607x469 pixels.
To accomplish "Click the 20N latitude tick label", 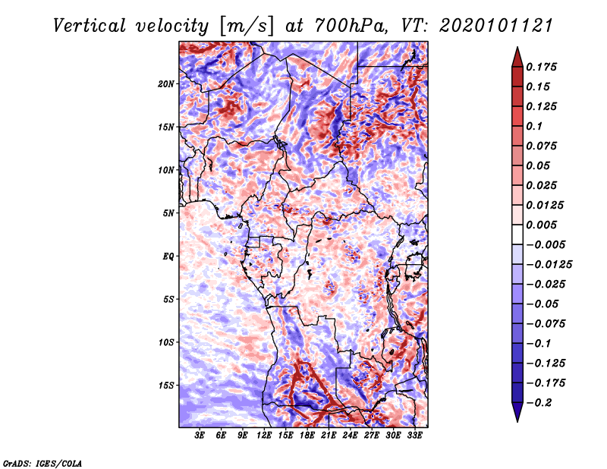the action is coord(165,84).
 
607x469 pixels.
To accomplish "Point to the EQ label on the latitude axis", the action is coord(168,257).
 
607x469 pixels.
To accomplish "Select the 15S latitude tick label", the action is coord(165,386).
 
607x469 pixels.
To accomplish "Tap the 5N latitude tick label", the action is coord(168,213).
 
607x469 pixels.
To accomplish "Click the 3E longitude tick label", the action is coord(200,436).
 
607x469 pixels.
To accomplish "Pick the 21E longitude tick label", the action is coord(329,436).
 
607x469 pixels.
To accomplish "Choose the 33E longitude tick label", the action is coord(414,436).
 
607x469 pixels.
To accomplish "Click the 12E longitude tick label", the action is coord(264,436).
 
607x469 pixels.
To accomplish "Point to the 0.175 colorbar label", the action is coord(541,67).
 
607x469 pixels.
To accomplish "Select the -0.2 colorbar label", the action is coord(539,403).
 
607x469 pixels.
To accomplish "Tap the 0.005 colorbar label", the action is coord(541,225).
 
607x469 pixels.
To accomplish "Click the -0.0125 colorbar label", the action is coord(549,265).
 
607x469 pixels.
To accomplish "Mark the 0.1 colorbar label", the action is coord(534,126).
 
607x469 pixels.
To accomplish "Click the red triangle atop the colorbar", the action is coord(517,58).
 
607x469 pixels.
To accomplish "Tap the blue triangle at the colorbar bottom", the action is coord(517,412).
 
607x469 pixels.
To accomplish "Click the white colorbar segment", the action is coord(517,234).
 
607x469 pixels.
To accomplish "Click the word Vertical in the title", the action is coord(90,26).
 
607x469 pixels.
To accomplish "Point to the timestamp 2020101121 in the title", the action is coord(496,26).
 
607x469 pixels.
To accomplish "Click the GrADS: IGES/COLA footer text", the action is coord(42,464).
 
